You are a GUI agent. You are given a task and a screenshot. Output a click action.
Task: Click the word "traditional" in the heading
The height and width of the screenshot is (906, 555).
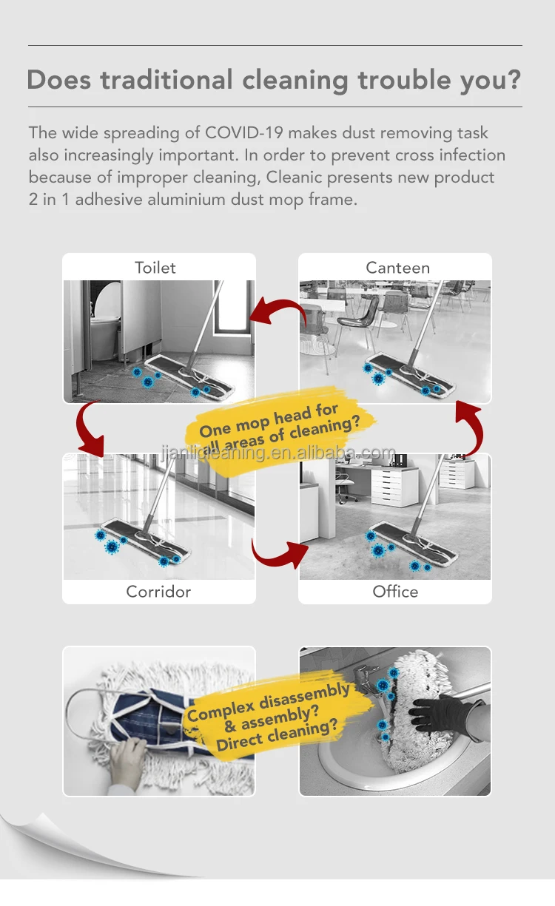point(166,79)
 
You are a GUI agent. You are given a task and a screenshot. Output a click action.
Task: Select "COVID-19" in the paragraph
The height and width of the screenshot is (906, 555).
point(244,132)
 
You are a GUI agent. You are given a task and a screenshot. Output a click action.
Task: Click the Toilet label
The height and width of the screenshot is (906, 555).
point(155,268)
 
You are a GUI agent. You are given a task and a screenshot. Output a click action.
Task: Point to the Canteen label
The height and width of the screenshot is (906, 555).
point(397,268)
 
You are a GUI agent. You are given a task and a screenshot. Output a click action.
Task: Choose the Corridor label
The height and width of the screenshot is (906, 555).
point(158,592)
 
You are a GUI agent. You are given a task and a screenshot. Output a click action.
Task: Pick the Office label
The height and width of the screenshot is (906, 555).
point(395,592)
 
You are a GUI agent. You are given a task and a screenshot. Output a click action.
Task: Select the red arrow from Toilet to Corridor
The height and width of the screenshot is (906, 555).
point(87,430)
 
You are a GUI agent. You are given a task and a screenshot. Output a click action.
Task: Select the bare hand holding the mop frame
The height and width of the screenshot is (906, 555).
point(127,760)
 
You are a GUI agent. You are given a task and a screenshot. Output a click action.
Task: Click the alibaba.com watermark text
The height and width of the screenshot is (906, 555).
point(277,453)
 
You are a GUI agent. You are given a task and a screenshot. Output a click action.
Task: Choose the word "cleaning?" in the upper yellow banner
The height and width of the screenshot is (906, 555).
point(324,428)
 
